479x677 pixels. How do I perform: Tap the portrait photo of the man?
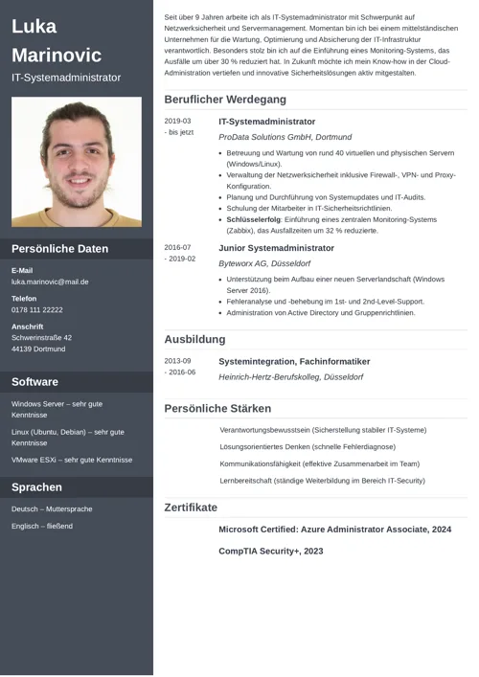coord(77,162)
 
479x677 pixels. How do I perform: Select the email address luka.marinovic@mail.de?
coord(50,282)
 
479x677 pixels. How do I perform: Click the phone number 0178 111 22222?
coord(37,310)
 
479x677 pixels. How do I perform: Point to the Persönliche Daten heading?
coord(59,249)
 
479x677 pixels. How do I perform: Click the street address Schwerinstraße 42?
coord(41,338)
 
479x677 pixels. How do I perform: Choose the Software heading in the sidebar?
coord(34,382)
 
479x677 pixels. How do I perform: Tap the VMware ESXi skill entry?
coord(72,460)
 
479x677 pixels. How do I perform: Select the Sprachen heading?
coord(36,487)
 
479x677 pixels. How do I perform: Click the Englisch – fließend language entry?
coord(41,527)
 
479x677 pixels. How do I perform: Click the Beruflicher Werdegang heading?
coord(225,99)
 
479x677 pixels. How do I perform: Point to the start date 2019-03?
coord(177,122)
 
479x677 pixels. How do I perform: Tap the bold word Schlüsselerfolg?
coord(254,219)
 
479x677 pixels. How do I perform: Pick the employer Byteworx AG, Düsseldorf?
coord(264,262)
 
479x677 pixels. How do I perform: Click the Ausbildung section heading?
coord(194,339)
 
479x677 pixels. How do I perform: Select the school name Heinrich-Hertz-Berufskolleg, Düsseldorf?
coord(290,377)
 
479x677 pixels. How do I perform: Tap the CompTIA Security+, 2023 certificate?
coord(271,552)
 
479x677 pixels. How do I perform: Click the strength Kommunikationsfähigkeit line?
coord(319,463)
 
